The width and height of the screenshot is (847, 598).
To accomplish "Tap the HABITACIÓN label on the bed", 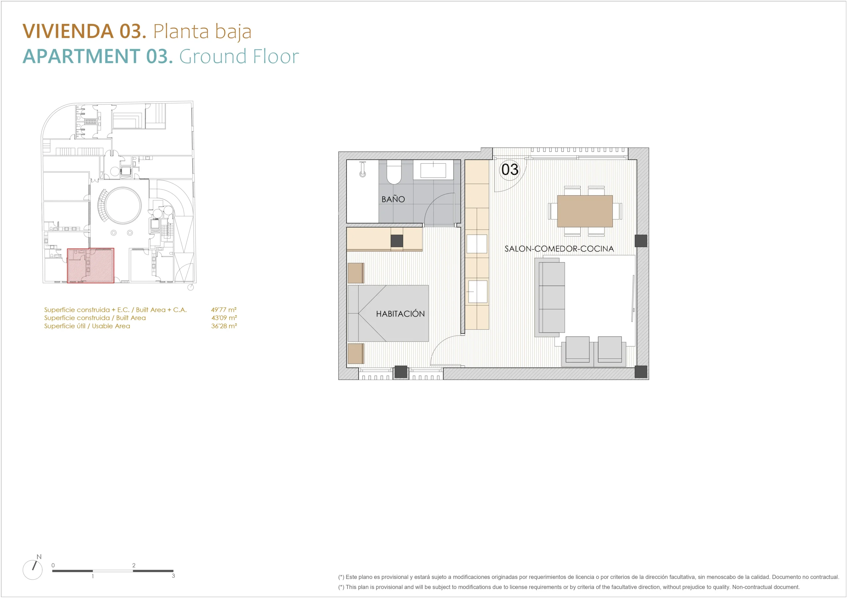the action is pyautogui.click(x=400, y=314).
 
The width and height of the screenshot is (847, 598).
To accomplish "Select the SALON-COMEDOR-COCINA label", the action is pyautogui.click(x=559, y=249).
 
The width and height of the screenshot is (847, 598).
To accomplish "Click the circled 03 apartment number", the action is pyautogui.click(x=510, y=169).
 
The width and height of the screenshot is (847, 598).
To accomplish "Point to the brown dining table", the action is pyautogui.click(x=585, y=211).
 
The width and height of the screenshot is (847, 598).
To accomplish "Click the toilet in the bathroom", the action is pyautogui.click(x=394, y=172).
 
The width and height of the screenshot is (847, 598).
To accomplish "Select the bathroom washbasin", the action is pyautogui.click(x=433, y=170).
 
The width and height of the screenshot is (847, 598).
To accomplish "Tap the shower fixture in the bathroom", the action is pyautogui.click(x=363, y=169).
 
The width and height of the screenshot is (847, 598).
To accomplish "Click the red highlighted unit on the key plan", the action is pyautogui.click(x=90, y=265).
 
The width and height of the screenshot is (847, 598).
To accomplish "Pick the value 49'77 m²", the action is pyautogui.click(x=224, y=310).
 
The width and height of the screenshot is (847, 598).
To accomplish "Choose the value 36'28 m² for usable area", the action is pyautogui.click(x=224, y=326).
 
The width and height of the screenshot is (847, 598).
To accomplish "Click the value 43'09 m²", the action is pyautogui.click(x=224, y=318).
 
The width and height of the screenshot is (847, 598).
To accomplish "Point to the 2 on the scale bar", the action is pyautogui.click(x=134, y=565).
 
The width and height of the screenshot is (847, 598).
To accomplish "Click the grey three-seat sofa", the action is pyautogui.click(x=550, y=297).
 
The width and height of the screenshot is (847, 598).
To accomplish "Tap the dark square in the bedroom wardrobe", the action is pyautogui.click(x=397, y=241).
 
